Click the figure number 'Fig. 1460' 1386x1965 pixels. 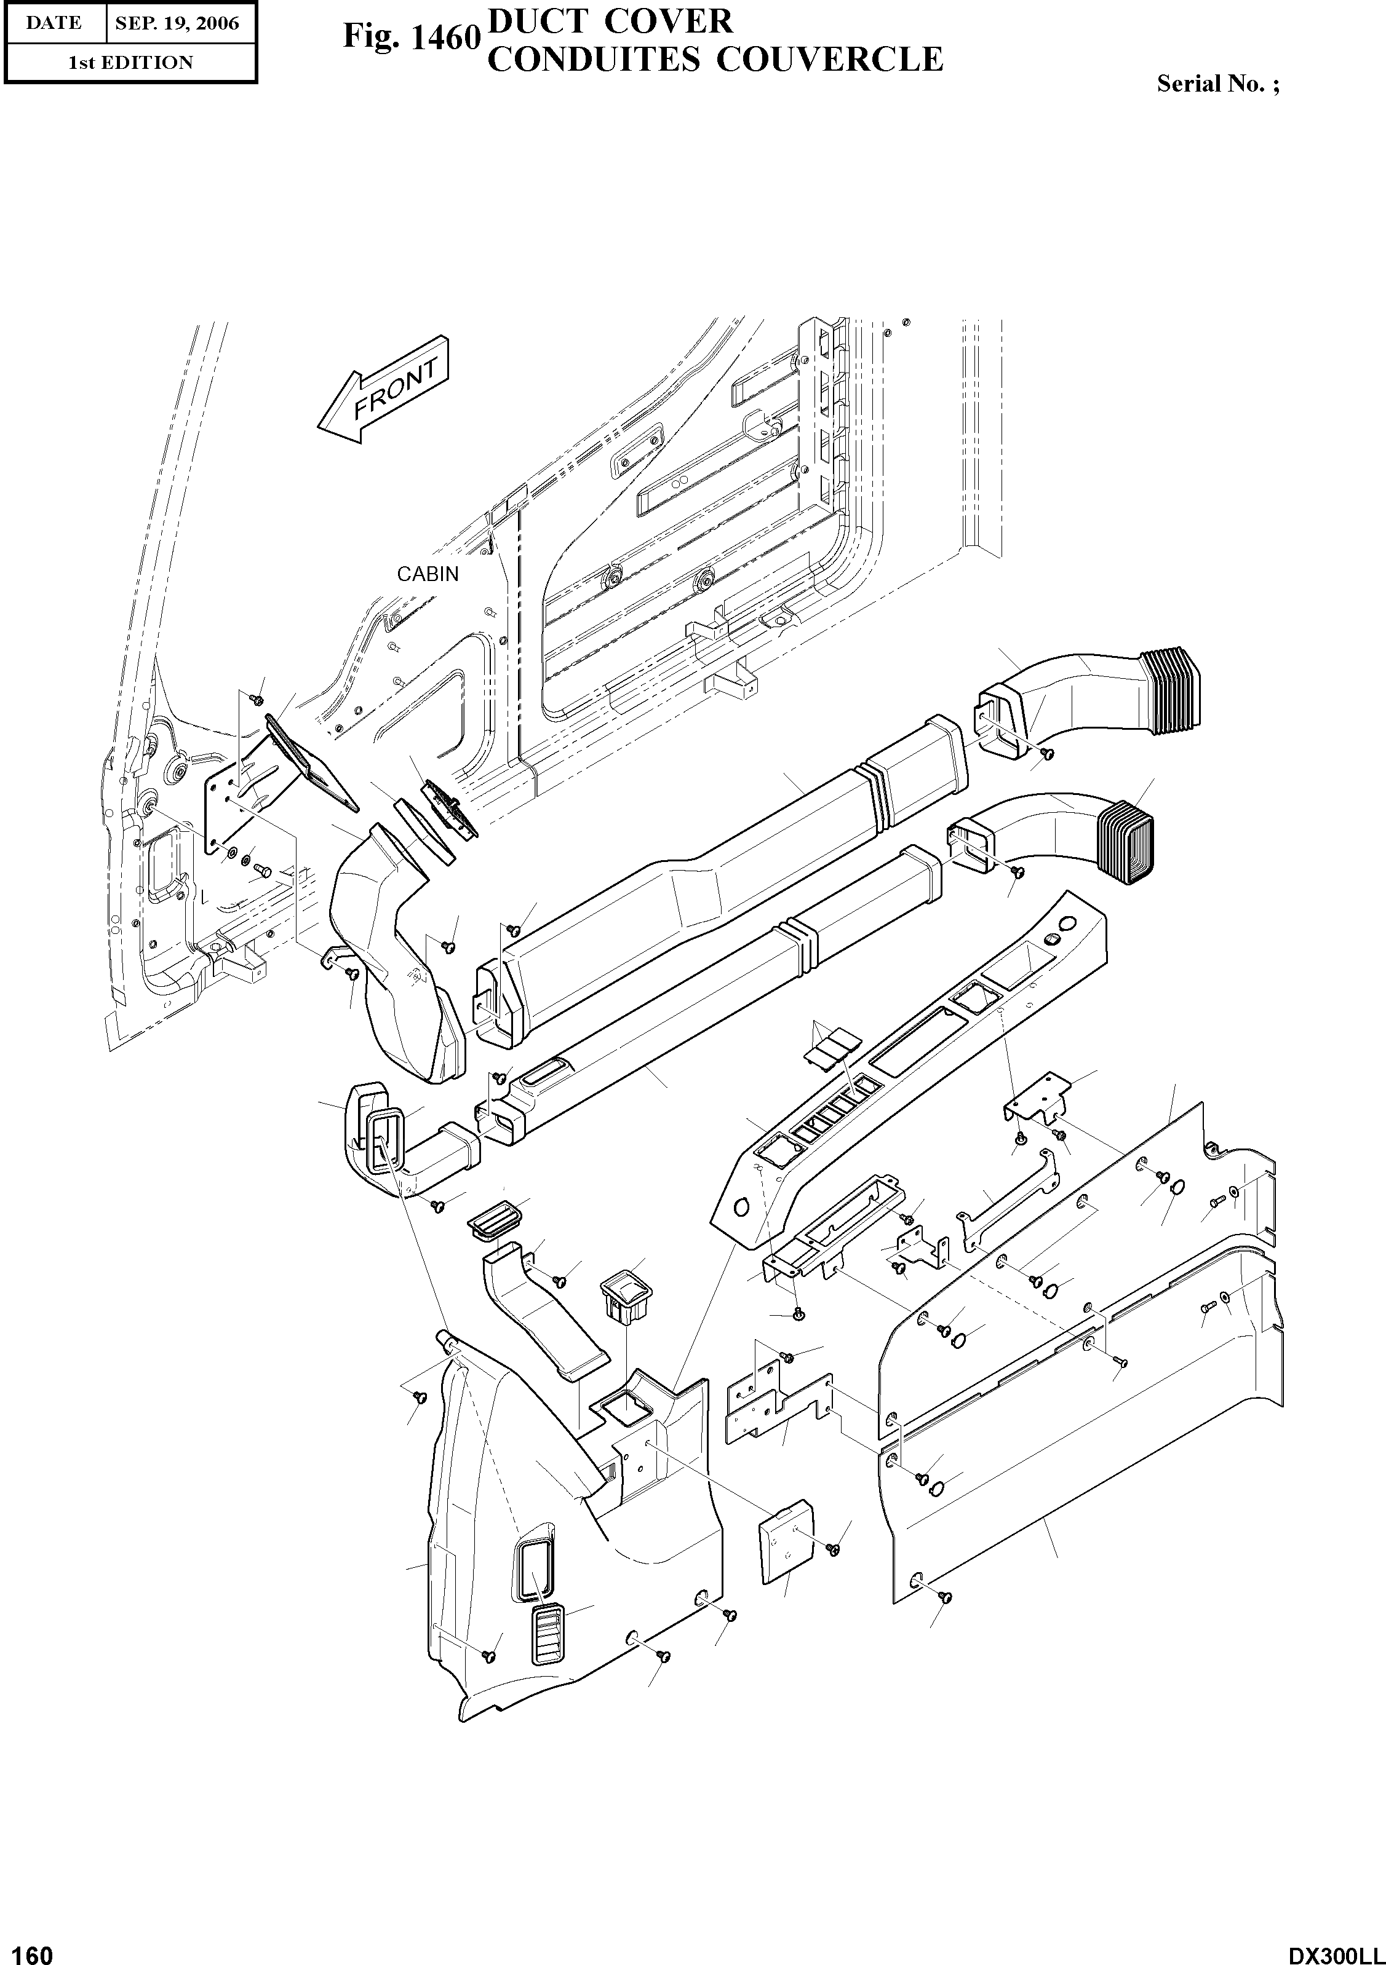pyautogui.click(x=409, y=37)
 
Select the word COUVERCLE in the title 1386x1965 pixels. pyautogui.click(x=829, y=60)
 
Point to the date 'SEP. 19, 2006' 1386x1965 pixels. pyautogui.click(x=177, y=23)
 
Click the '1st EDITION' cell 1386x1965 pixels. pyautogui.click(x=130, y=63)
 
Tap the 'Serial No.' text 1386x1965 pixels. pyautogui.click(x=1217, y=84)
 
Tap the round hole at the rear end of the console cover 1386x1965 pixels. pyautogui.click(x=1067, y=923)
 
